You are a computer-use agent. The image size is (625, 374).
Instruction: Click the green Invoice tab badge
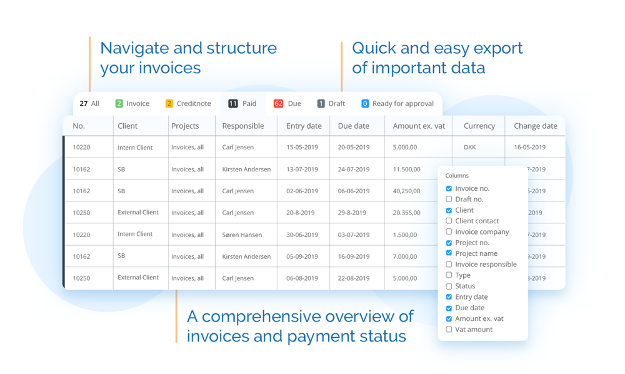point(119,104)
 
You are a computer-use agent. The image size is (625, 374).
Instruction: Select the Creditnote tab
point(188,104)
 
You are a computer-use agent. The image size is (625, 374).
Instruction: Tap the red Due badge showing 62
point(278,104)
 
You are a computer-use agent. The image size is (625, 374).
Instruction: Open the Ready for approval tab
point(397,104)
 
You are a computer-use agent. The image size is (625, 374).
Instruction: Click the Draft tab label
point(337,104)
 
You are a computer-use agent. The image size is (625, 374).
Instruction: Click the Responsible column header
point(243,126)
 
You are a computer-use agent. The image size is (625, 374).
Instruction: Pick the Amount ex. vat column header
point(419,126)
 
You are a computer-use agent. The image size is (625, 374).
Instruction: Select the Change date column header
point(536,126)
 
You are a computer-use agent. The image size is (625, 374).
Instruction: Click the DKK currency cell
point(469,147)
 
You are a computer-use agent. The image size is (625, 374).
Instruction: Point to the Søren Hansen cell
point(242,235)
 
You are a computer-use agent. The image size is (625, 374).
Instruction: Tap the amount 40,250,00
point(407,191)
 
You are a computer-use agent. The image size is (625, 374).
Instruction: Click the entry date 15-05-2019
point(302,147)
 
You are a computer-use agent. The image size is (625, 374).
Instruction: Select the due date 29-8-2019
point(352,213)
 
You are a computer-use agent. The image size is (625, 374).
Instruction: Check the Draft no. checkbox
point(449,199)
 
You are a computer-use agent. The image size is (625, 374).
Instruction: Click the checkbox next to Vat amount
point(449,330)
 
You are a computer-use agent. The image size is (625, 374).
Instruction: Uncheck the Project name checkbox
point(449,253)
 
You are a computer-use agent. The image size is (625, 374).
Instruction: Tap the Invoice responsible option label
point(486,265)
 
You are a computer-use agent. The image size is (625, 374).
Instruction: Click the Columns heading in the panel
point(457,176)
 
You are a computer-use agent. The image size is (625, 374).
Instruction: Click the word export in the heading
point(496,49)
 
